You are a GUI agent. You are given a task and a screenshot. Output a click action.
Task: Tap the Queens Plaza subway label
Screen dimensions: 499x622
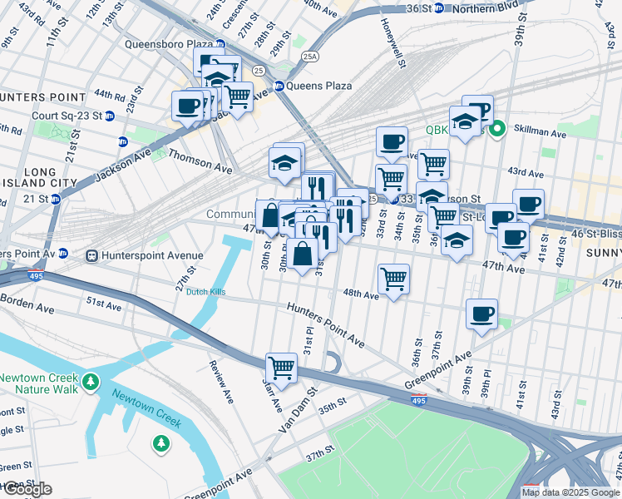(320, 86)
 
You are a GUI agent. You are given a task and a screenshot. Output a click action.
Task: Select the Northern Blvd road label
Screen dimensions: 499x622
(506, 8)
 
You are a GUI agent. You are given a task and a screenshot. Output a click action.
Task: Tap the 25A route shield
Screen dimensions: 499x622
(310, 57)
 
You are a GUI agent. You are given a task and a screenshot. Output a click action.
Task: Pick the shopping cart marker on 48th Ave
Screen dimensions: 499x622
(393, 278)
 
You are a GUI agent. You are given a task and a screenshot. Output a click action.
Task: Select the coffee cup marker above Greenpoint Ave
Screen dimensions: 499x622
(481, 314)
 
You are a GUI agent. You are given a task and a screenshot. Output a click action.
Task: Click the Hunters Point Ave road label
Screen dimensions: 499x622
(326, 324)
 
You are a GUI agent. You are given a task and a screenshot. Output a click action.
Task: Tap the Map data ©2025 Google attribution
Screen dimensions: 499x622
(570, 492)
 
